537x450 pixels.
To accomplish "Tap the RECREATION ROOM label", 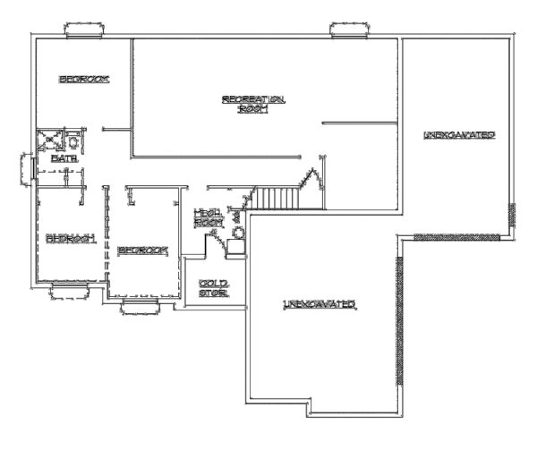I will (x=253, y=103).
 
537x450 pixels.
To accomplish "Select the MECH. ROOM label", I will (x=209, y=217).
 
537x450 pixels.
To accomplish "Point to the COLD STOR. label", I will (x=212, y=287).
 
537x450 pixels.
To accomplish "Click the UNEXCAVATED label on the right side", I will (x=459, y=135).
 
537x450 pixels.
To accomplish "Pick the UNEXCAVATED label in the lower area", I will (x=320, y=305).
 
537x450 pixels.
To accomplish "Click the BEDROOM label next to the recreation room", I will (x=84, y=80).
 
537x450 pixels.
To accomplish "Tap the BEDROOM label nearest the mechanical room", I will (x=144, y=250).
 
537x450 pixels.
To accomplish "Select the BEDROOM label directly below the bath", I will (x=70, y=238).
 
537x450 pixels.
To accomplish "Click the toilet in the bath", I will (x=72, y=140).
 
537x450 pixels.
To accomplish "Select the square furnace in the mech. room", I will (x=235, y=248).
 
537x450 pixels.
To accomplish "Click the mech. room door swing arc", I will (x=214, y=238).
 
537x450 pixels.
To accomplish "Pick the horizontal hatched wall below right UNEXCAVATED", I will (x=456, y=236).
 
